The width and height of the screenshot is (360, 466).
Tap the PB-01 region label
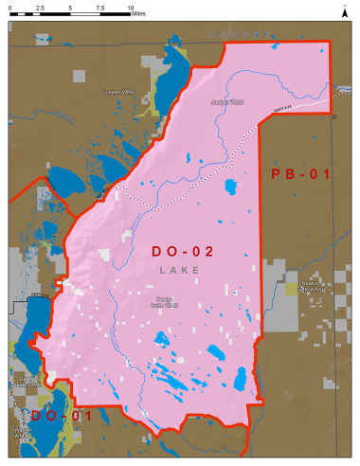pyautogui.click(x=299, y=175)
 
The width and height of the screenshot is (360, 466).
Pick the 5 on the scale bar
pyautogui.click(x=70, y=7)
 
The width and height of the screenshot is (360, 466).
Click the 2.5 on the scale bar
pyautogui.click(x=40, y=7)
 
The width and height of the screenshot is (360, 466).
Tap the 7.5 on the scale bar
pyautogui.click(x=99, y=7)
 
